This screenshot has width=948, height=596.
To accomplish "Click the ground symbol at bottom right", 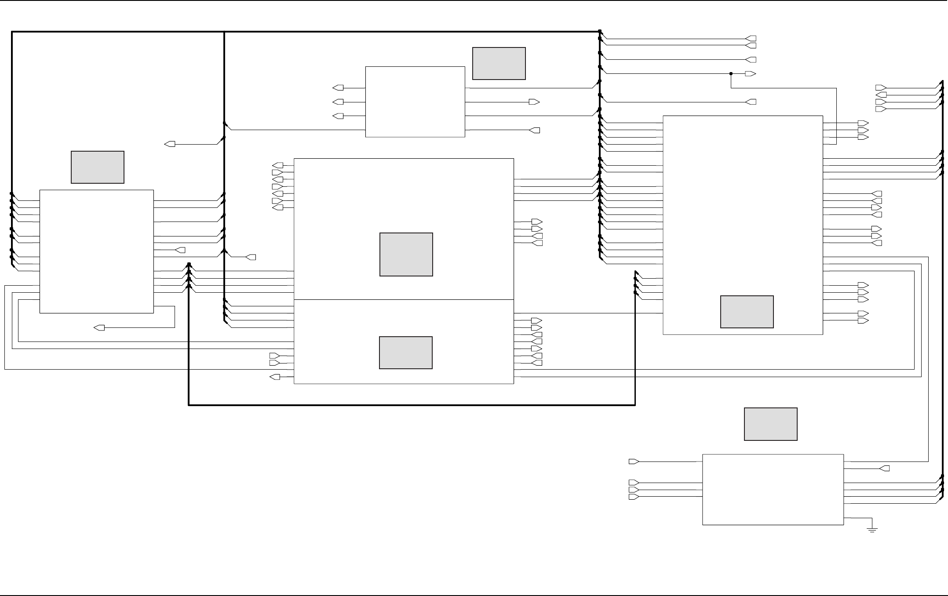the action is [872, 529].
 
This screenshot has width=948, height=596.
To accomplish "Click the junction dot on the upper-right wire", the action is [731, 74].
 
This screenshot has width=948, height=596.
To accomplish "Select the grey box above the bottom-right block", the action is [770, 424].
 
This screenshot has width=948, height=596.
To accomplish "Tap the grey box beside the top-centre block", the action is [499, 64].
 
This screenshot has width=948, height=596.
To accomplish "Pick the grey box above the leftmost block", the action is [97, 167].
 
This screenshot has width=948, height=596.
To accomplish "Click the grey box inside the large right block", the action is [747, 312].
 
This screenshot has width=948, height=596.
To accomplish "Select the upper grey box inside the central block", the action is [406, 254].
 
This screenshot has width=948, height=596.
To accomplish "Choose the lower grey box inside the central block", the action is [405, 353].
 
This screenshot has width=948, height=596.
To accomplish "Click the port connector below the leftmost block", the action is [99, 328].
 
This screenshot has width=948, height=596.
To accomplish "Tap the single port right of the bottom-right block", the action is [884, 469].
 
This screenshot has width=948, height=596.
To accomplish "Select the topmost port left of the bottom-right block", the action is [634, 462].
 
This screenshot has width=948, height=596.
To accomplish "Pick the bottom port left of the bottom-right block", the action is [634, 497].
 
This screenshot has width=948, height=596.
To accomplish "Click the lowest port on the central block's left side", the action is [275, 377].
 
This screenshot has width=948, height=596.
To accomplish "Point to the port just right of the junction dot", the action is [750, 74].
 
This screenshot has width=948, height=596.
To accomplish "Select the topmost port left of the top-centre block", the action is [338, 88].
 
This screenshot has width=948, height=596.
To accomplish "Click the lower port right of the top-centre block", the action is [535, 130].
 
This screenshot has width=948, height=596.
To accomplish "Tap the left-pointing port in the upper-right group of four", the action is [881, 95].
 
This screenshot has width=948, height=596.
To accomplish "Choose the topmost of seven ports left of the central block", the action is [277, 165].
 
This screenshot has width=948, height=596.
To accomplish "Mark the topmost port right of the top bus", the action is [751, 39].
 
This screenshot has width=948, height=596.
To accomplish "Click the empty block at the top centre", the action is [415, 102].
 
